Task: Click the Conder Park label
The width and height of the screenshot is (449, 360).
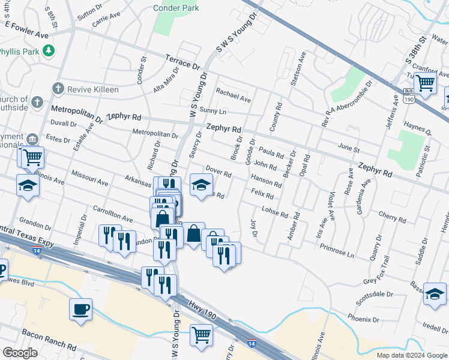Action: [176, 8]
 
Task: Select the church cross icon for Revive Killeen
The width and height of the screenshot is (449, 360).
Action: [58, 89]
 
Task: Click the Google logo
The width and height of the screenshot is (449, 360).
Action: [20, 353]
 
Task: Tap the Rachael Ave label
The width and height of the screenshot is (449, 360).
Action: [234, 95]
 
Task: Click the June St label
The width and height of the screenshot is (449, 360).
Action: [348, 149]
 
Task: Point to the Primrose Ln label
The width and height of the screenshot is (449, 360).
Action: [337, 250]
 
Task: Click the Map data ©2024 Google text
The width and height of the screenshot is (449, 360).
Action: [411, 355]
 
